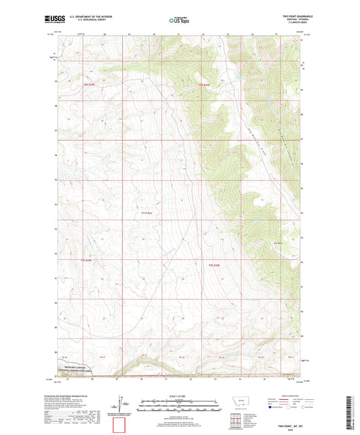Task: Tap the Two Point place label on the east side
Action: click(278, 244)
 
